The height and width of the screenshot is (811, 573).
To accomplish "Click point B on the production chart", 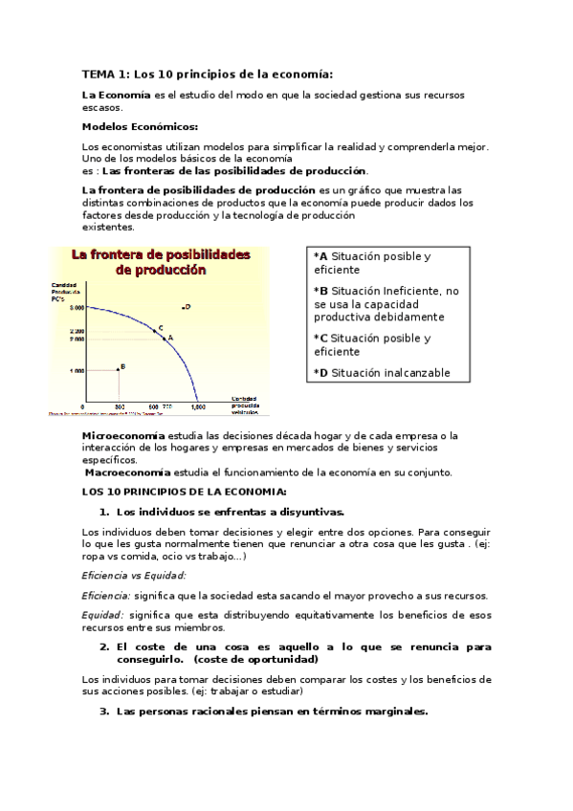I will tap(118, 368).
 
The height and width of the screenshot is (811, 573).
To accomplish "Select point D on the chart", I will tap(183, 307).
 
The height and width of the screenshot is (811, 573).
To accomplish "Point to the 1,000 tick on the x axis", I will tap(198, 407).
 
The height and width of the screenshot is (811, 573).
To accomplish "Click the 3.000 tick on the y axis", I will tap(77, 307).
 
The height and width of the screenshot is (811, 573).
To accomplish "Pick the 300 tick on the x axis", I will tap(119, 407).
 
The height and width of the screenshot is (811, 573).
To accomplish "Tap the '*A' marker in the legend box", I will tap(320, 256).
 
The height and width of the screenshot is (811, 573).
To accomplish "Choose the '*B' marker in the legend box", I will tap(320, 291).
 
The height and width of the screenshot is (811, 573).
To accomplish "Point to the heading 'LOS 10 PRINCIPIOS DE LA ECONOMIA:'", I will tap(184, 491).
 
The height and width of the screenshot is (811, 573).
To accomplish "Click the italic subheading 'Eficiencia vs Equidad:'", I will tap(134, 575).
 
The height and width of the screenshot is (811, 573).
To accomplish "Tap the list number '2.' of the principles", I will tap(105, 647).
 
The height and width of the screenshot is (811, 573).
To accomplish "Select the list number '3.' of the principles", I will tap(105, 712).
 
